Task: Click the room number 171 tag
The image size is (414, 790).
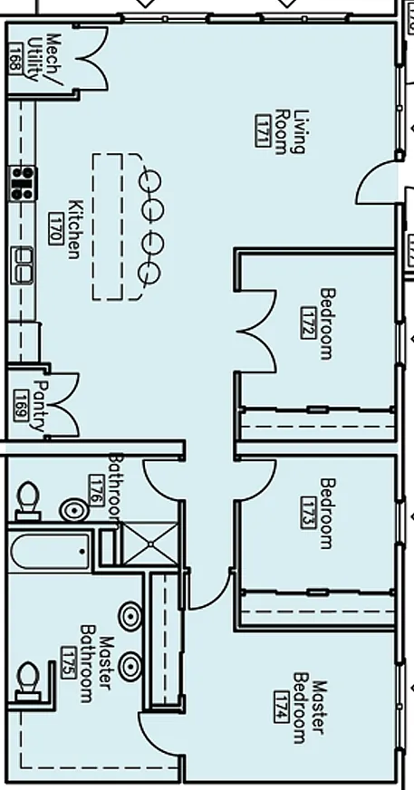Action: click(264, 131)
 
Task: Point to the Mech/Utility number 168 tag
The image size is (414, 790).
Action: click(16, 58)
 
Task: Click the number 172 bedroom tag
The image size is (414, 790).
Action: click(308, 323)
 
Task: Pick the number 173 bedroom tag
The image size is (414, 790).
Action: click(308, 513)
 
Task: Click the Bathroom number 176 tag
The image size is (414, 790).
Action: click(96, 490)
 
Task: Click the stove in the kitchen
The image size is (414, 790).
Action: click(23, 183)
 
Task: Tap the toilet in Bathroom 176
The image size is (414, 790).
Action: click(28, 500)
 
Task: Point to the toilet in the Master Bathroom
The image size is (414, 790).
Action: click(28, 681)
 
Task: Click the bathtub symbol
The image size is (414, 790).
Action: click(50, 551)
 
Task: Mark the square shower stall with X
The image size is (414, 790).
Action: click(150, 544)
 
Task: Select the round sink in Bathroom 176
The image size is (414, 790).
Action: click(74, 510)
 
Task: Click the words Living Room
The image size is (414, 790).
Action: click(291, 131)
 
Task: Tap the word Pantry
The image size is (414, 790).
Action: click(39, 406)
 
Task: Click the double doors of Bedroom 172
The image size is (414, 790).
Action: click(256, 332)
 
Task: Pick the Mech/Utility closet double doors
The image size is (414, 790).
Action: click(92, 59)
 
